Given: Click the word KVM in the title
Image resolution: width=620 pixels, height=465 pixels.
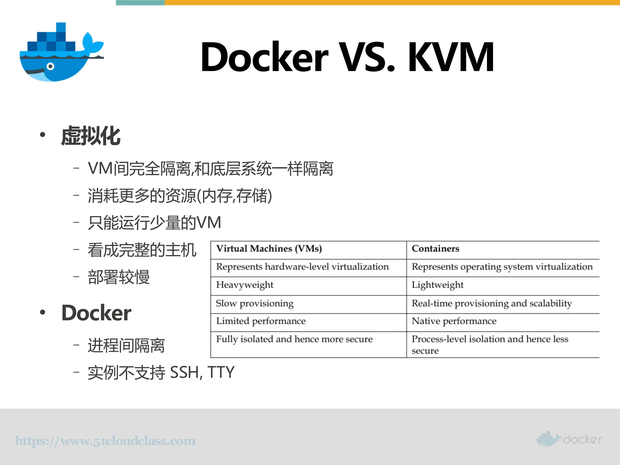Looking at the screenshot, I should click(451, 58).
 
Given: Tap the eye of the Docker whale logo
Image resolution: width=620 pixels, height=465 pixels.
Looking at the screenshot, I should click(51, 67).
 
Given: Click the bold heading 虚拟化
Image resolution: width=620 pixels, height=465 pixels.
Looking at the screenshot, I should click(91, 136).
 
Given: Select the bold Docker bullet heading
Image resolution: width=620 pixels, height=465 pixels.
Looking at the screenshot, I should click(96, 313).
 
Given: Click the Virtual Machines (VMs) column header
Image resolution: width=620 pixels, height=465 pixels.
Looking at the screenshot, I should click(269, 249).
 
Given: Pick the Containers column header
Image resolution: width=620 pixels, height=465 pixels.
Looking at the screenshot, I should click(435, 249).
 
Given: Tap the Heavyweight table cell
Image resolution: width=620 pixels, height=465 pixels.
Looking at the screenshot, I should click(245, 285).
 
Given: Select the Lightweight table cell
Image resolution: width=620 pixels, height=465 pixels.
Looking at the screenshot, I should click(437, 285).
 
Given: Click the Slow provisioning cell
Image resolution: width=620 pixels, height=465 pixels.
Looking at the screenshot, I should click(255, 304).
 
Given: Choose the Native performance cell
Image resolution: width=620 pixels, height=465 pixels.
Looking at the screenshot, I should click(454, 321).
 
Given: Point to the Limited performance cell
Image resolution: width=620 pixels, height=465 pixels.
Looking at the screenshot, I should click(261, 321).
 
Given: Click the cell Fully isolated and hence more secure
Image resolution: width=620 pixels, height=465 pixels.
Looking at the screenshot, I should click(294, 339).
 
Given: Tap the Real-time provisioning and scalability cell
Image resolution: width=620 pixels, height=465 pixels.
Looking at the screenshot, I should click(492, 304).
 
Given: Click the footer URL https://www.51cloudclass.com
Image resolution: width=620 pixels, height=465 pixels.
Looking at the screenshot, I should click(105, 441).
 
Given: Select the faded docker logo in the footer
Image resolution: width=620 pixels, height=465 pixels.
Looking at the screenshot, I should click(569, 439).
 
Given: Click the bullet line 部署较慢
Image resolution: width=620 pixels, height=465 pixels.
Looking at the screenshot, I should click(119, 277).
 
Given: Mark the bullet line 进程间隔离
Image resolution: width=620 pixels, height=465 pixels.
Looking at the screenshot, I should click(126, 346).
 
